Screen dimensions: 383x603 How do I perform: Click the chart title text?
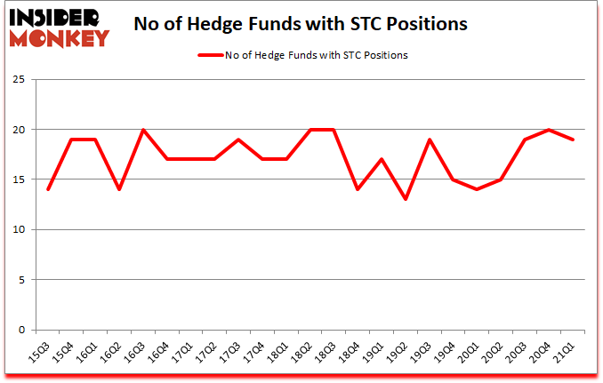[x=301, y=24]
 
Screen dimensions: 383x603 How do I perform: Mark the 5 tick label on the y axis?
[x=20, y=280]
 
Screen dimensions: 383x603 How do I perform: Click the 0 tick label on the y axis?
[x=20, y=330]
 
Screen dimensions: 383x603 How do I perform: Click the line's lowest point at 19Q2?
[x=406, y=200]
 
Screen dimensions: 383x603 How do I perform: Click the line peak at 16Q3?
[x=142, y=130]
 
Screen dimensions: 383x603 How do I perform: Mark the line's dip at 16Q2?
[x=118, y=189]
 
